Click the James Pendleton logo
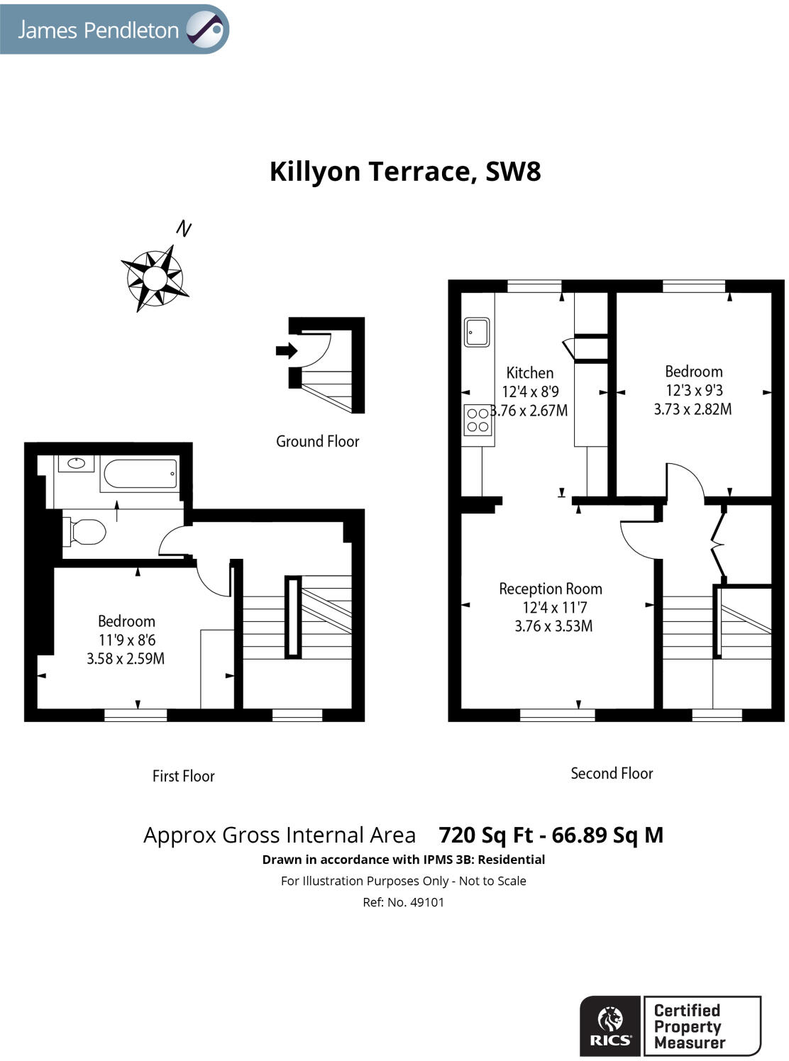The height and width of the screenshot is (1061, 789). [114, 30]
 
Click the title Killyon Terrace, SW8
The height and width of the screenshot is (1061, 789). [404, 172]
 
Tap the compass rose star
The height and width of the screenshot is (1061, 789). [155, 277]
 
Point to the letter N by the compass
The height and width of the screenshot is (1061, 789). [184, 228]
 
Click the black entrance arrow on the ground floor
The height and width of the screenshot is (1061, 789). [287, 350]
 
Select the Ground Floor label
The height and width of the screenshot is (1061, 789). [317, 441]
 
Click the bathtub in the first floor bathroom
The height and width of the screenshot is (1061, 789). [140, 474]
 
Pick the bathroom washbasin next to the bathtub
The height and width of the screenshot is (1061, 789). [76, 464]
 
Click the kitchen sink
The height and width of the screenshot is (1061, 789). [476, 331]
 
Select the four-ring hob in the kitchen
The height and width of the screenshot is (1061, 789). [478, 419]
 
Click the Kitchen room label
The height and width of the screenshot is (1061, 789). [529, 373]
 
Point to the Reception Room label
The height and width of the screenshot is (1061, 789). [550, 589]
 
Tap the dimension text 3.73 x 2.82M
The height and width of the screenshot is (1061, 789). [693, 409]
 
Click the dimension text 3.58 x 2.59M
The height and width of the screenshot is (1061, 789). [126, 659]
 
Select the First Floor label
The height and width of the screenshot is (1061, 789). [183, 776]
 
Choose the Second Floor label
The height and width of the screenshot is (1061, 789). [612, 773]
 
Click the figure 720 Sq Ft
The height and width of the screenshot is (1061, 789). [485, 835]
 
